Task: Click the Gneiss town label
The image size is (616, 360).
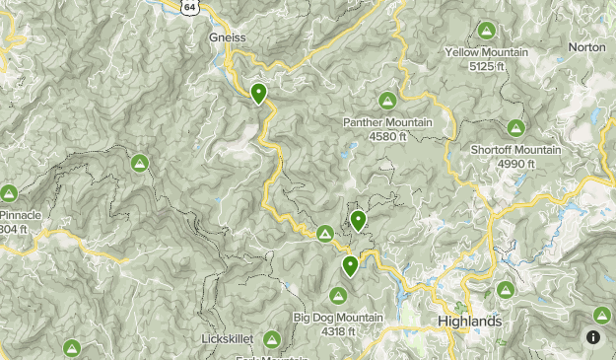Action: (226, 36)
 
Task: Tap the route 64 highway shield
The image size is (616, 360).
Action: (190, 6)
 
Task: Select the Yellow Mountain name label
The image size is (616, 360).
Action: (486, 52)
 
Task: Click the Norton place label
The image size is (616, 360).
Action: (587, 46)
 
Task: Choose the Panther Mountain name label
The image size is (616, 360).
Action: (387, 122)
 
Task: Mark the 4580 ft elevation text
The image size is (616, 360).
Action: (387, 136)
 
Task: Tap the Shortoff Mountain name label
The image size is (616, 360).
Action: (515, 150)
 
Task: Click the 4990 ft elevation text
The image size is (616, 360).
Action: (515, 164)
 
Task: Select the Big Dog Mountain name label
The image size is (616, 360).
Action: (338, 318)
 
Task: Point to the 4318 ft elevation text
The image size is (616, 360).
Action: (338, 331)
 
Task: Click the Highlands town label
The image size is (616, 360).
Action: (469, 323)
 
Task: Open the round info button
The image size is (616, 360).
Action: (594, 337)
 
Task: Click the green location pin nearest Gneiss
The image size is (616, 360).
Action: (258, 94)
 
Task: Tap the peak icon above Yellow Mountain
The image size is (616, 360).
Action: (486, 31)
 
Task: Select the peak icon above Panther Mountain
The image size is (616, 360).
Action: (387, 101)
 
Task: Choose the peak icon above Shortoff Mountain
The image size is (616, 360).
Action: (515, 128)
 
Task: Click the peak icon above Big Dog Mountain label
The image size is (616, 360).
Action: (338, 295)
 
